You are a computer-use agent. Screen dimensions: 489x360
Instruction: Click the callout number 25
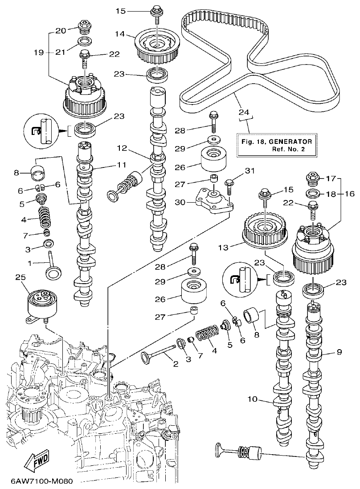click(20, 277)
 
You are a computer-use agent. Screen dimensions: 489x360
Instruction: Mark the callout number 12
click(123, 147)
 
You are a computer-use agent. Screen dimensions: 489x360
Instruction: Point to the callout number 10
click(253, 399)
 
